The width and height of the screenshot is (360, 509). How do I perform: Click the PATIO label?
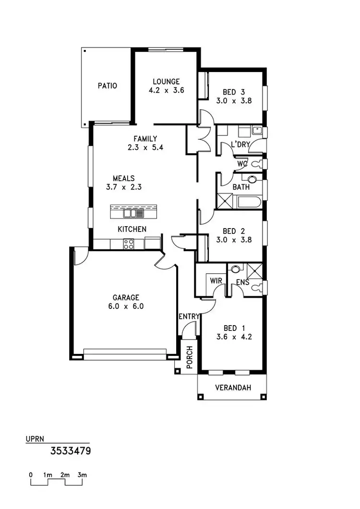click(107, 86)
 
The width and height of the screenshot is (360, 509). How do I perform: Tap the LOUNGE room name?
click(166, 81)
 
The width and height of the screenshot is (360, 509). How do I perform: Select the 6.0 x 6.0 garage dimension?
click(126, 306)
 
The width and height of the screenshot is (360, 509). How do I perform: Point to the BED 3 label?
click(234, 92)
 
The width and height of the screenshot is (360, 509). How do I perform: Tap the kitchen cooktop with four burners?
click(128, 244)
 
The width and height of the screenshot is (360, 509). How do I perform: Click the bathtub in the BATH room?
click(249, 201)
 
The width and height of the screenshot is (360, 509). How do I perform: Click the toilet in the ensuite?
click(260, 288)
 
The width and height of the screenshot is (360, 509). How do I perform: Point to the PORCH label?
click(189, 357)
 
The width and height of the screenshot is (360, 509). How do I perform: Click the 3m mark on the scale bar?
click(82, 475)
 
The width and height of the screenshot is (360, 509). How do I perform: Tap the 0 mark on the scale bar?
click(31, 475)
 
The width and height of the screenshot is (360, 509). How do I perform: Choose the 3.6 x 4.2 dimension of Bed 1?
click(234, 337)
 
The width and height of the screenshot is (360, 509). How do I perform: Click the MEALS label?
click(123, 178)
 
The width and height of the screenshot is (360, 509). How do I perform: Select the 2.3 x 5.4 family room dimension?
click(145, 148)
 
